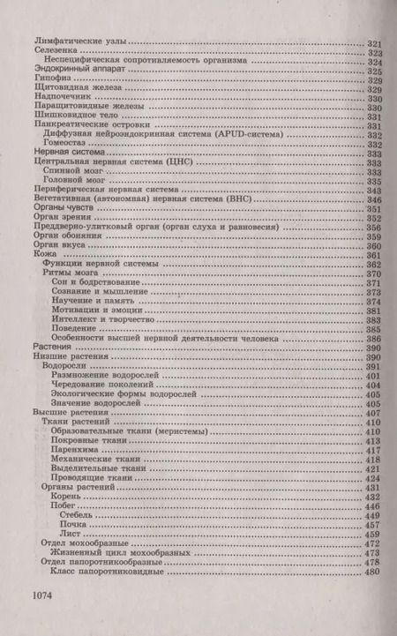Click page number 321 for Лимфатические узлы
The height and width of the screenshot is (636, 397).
coord(372,43)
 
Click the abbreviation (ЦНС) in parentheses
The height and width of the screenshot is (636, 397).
coord(201,162)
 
